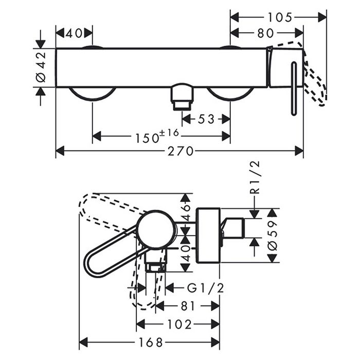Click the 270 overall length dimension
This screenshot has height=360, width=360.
point(179,151)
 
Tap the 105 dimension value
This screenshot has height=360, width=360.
point(280,17)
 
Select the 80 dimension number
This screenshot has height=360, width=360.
point(266,33)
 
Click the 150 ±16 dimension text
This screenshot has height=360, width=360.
point(157,136)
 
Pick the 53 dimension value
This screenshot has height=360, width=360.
point(206,119)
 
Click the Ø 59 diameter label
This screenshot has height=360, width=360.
point(272,235)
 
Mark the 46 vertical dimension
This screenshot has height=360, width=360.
point(186,211)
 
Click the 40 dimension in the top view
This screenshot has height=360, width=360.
point(75,33)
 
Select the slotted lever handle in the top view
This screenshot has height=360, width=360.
point(294,88)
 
